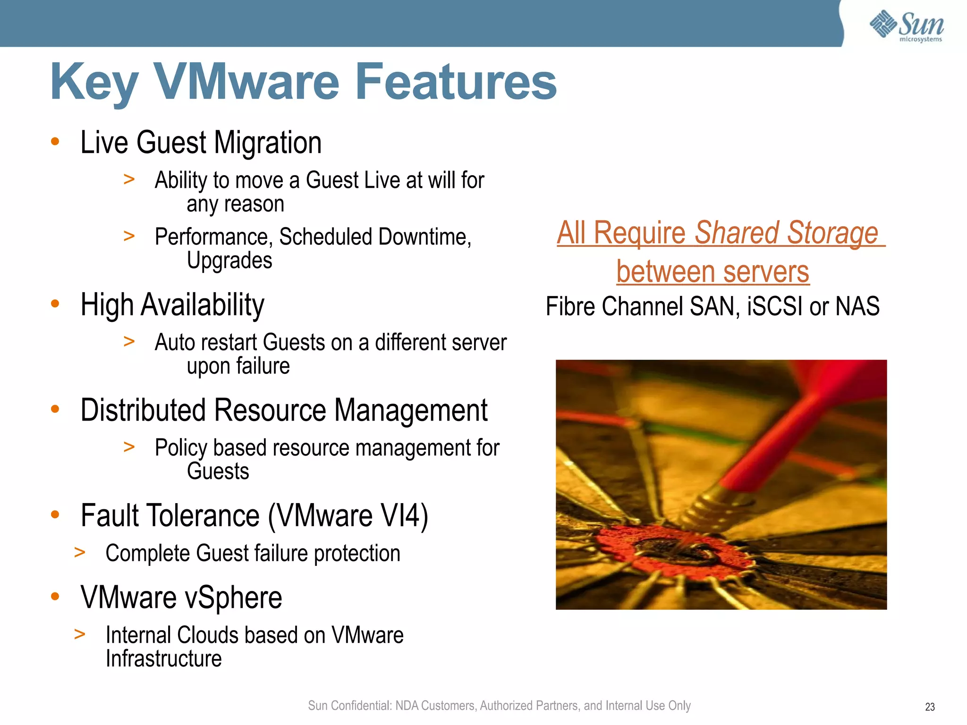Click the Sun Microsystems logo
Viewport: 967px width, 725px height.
tap(906, 25)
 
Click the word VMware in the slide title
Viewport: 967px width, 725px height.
tap(246, 82)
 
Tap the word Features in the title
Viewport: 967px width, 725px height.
tap(456, 82)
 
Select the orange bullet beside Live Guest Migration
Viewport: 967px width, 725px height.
tap(55, 141)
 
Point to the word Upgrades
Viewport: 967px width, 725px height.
tap(229, 261)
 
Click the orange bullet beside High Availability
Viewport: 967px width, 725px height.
tap(55, 303)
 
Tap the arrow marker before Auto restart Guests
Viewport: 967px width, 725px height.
tap(129, 341)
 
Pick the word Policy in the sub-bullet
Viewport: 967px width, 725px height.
tap(180, 448)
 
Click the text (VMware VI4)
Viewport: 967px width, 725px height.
tap(348, 515)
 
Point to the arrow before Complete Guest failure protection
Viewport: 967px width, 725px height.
tap(80, 552)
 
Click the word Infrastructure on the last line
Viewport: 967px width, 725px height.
tap(163, 658)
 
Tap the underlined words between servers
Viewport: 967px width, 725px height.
tap(713, 272)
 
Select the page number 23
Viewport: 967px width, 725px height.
tap(930, 707)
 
